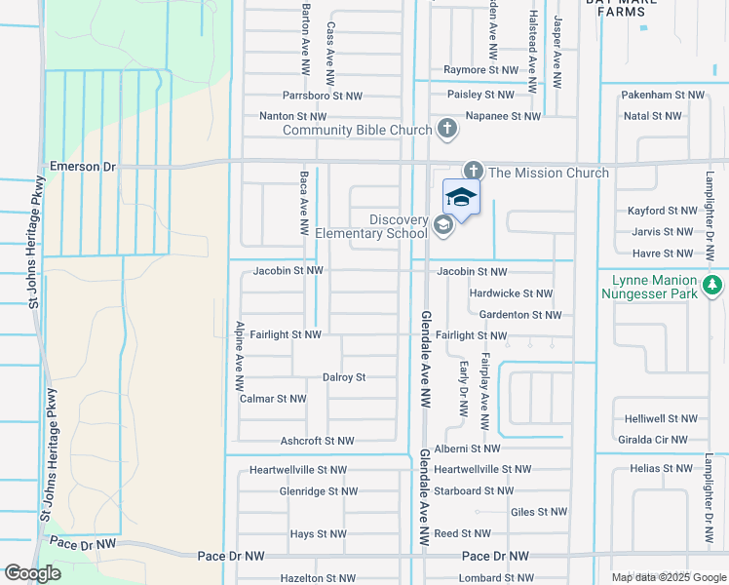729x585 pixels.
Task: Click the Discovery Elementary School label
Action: (371, 226)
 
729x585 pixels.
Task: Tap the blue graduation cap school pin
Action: (461, 198)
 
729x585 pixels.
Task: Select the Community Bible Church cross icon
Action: (446, 129)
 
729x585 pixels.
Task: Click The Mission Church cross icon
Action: (473, 172)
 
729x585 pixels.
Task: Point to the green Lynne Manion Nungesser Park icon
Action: (713, 286)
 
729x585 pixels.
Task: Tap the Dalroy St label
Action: (344, 377)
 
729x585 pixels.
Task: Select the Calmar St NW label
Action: (273, 399)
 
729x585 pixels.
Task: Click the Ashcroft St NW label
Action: (317, 441)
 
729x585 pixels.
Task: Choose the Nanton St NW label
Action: (292, 116)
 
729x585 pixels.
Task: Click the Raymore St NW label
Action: (480, 70)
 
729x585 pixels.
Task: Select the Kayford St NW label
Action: (661, 211)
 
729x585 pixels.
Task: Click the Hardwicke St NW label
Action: (511, 293)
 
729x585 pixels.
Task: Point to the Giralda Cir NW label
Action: (658, 440)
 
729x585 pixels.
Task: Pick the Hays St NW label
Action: (318, 534)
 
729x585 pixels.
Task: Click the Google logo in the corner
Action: (33, 573)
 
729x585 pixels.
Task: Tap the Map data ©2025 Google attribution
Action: (668, 577)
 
